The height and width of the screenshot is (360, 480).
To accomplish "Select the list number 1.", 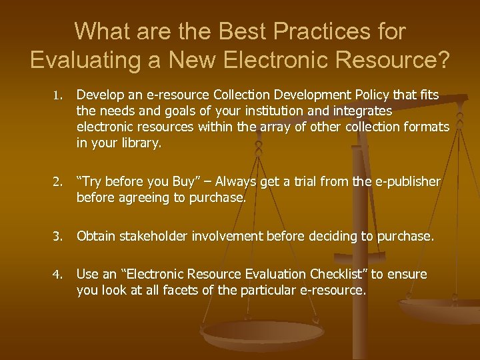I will (59, 96).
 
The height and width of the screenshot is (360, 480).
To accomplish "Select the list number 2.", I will (59, 182).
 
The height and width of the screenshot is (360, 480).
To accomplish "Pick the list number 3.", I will (59, 237).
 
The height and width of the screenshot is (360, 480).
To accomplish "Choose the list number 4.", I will (59, 275).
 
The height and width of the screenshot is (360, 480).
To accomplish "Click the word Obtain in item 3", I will (95, 236).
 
